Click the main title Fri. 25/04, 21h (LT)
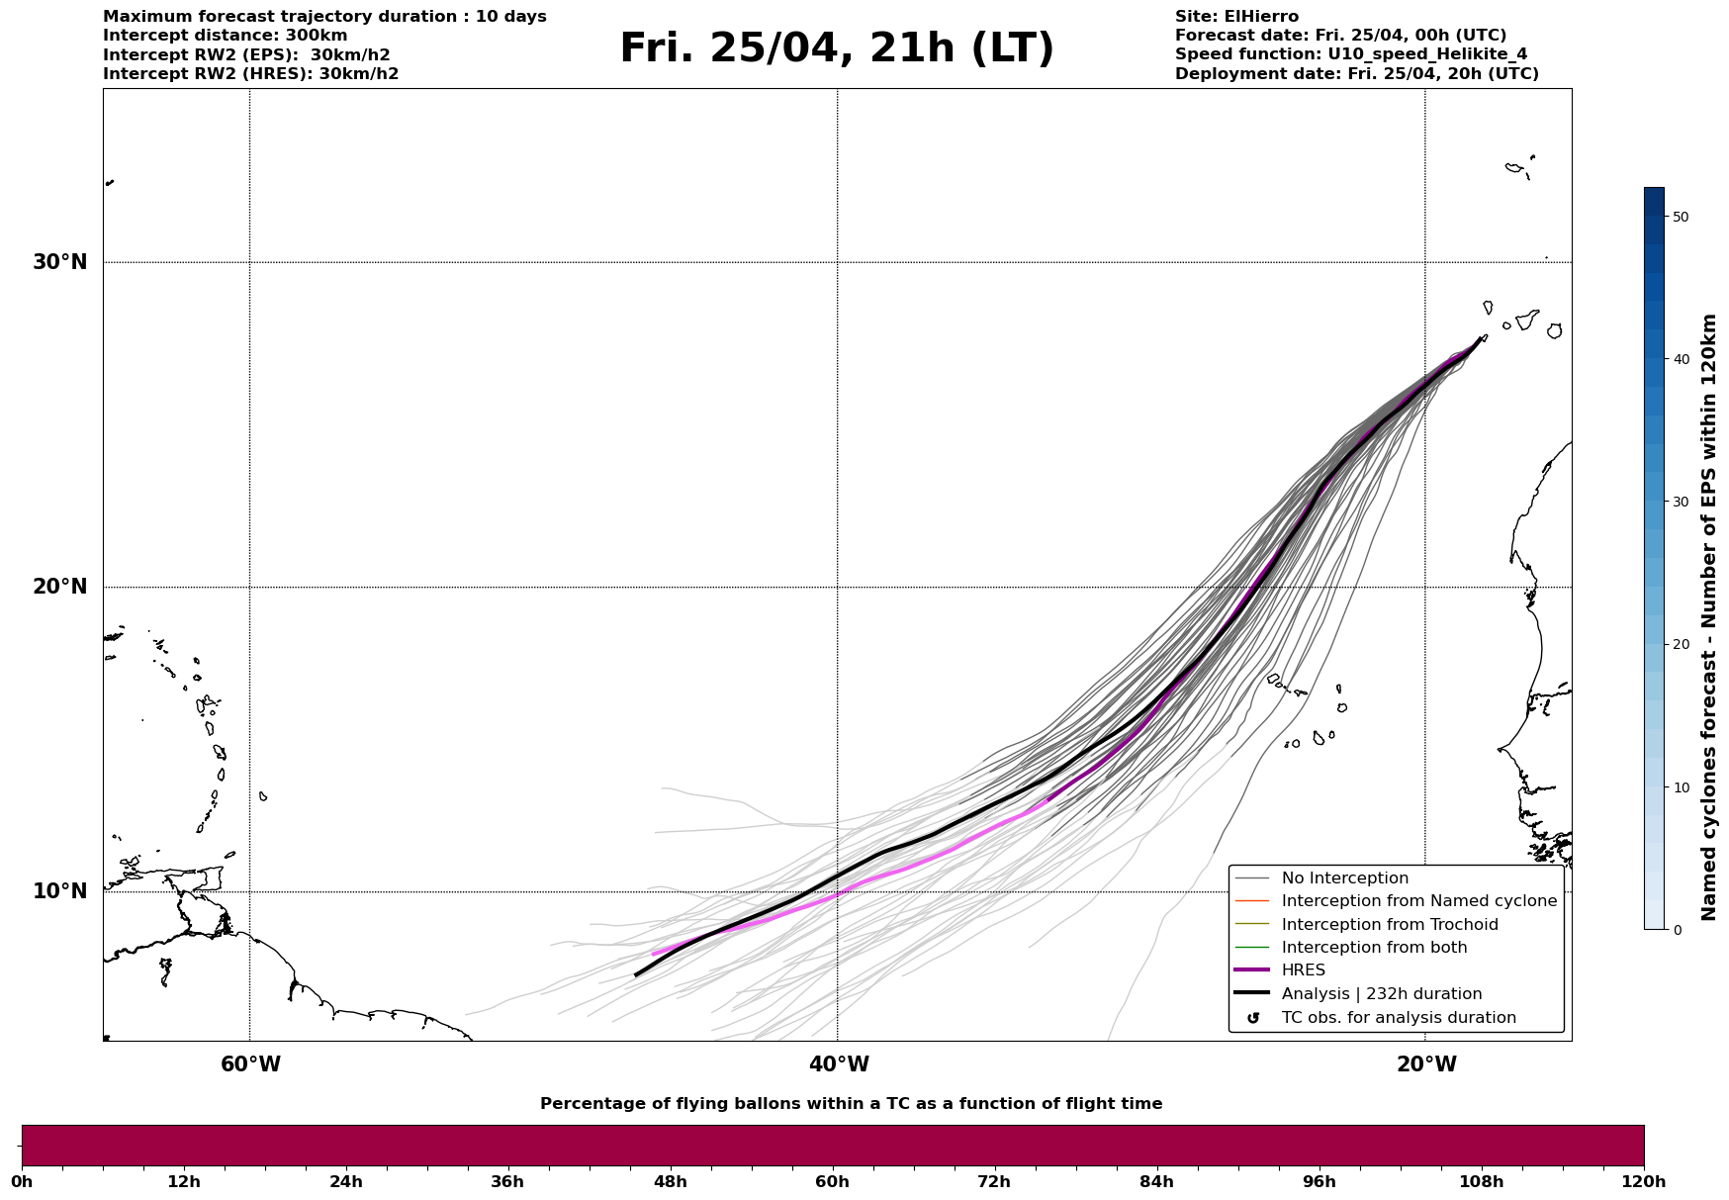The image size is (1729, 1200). click(837, 48)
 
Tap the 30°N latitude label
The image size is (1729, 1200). click(59, 262)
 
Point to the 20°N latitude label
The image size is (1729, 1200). click(59, 587)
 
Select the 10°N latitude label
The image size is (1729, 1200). click(59, 891)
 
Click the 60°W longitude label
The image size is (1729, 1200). click(250, 1064)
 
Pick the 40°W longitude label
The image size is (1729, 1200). click(839, 1064)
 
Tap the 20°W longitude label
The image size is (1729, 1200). click(1426, 1064)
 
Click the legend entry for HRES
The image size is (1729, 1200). click(1303, 970)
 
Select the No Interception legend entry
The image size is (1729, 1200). click(1344, 878)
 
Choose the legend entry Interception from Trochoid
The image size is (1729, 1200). click(1389, 925)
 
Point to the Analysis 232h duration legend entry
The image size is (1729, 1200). click(1381, 994)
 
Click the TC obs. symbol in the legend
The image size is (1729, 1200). click(1253, 1018)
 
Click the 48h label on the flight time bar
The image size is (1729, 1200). click(670, 1181)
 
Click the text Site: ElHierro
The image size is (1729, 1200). click(1236, 17)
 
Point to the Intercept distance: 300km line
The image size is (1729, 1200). click(226, 36)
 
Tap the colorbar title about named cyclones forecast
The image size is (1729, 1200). click(1708, 617)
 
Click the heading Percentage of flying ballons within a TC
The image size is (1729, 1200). click(851, 1104)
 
